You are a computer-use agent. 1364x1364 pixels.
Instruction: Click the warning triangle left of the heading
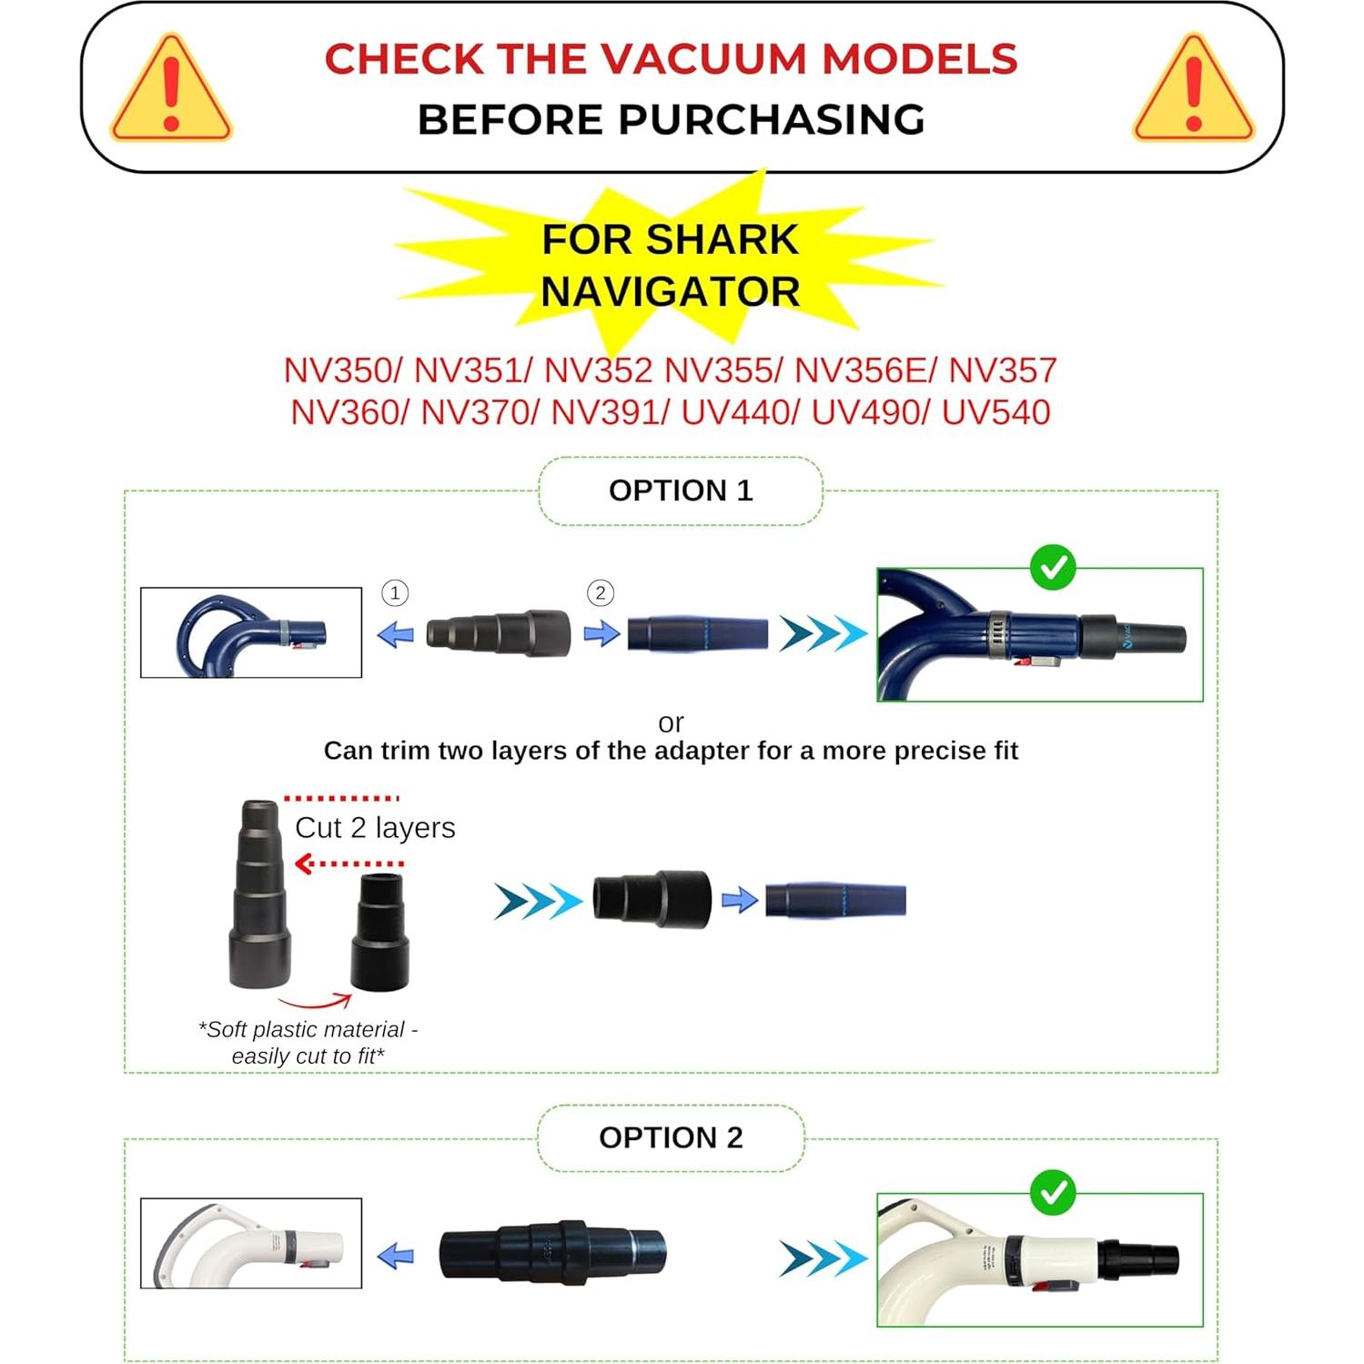(171, 90)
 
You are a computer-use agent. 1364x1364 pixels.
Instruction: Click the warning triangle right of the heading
(1193, 90)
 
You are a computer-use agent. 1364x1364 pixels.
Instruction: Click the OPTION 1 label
(681, 490)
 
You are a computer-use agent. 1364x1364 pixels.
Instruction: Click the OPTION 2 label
(671, 1137)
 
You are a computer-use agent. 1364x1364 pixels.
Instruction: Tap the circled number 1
(395, 593)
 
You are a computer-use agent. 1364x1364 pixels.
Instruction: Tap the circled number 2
(600, 593)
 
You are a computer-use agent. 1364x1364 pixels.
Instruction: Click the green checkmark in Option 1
(1053, 568)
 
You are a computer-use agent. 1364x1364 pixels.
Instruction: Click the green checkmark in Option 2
(1053, 1192)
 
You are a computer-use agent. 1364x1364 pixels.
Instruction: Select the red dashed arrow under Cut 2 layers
(350, 864)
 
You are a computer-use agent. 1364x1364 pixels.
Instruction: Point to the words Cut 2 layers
(375, 828)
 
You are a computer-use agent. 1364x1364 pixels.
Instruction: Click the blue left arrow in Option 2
(396, 1257)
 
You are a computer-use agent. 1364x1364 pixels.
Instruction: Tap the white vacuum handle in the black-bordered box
(251, 1243)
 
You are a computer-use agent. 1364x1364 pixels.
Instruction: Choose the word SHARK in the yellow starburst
(722, 240)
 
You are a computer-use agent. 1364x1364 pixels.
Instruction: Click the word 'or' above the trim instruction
(671, 722)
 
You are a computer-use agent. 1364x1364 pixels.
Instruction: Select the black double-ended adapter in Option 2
(552, 1252)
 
